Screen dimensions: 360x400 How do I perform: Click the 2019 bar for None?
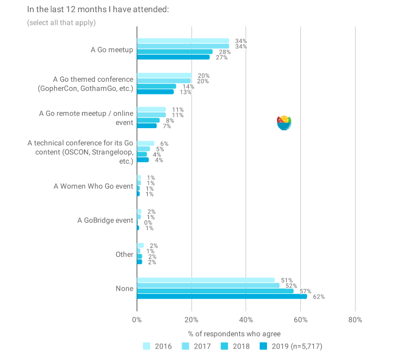[x=222, y=296]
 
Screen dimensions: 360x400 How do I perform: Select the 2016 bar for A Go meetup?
[x=183, y=41]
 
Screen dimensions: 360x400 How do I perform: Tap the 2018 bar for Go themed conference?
[x=156, y=86]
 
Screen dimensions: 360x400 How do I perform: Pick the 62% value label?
[x=319, y=297]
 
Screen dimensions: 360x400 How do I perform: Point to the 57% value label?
[x=305, y=291]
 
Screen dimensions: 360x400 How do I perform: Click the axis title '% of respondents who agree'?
[x=234, y=333]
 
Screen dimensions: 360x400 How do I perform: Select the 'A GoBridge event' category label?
[x=105, y=220]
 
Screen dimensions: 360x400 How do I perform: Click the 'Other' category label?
[x=125, y=255]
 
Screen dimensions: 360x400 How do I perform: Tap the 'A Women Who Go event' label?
[x=94, y=186]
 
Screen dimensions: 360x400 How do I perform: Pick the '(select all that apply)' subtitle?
[x=62, y=22]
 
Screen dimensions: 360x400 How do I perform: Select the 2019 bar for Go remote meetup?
[x=147, y=126]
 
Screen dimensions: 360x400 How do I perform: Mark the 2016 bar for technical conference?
[x=146, y=143]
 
